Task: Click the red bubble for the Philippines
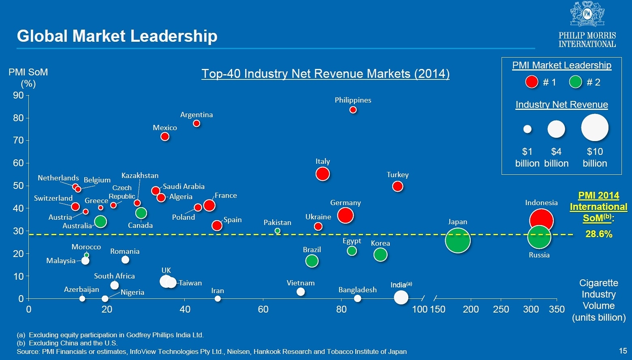[353, 110]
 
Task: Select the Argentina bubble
[196, 123]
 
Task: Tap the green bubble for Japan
[457, 240]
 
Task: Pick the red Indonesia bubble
[541, 220]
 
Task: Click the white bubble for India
[401, 297]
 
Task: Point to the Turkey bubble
[397, 186]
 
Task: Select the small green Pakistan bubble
[278, 231]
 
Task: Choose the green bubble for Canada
[141, 213]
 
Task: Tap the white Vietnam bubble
[301, 291]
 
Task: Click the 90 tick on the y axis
[19, 96]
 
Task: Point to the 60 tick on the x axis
[263, 309]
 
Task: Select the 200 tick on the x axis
[471, 309]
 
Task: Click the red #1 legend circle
[532, 82]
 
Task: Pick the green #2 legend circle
[575, 82]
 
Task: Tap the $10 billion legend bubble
[595, 128]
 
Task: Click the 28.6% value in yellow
[599, 234]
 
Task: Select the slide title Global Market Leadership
[117, 36]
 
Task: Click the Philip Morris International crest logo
[587, 14]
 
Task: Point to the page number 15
[623, 351]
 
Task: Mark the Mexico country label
[165, 127]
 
